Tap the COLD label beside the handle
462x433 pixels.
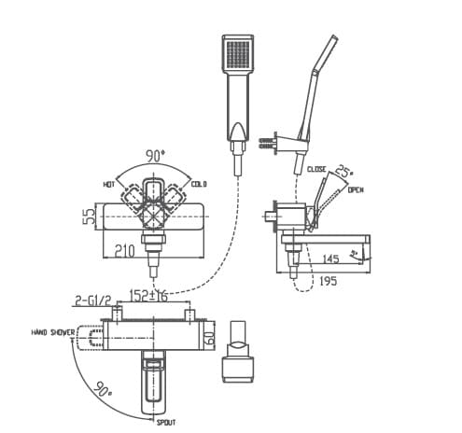199,185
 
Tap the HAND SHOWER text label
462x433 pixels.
52,332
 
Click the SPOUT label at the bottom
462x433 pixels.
165,422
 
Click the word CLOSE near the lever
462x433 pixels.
317,170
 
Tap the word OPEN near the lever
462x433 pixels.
356,190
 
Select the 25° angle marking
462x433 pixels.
346,170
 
